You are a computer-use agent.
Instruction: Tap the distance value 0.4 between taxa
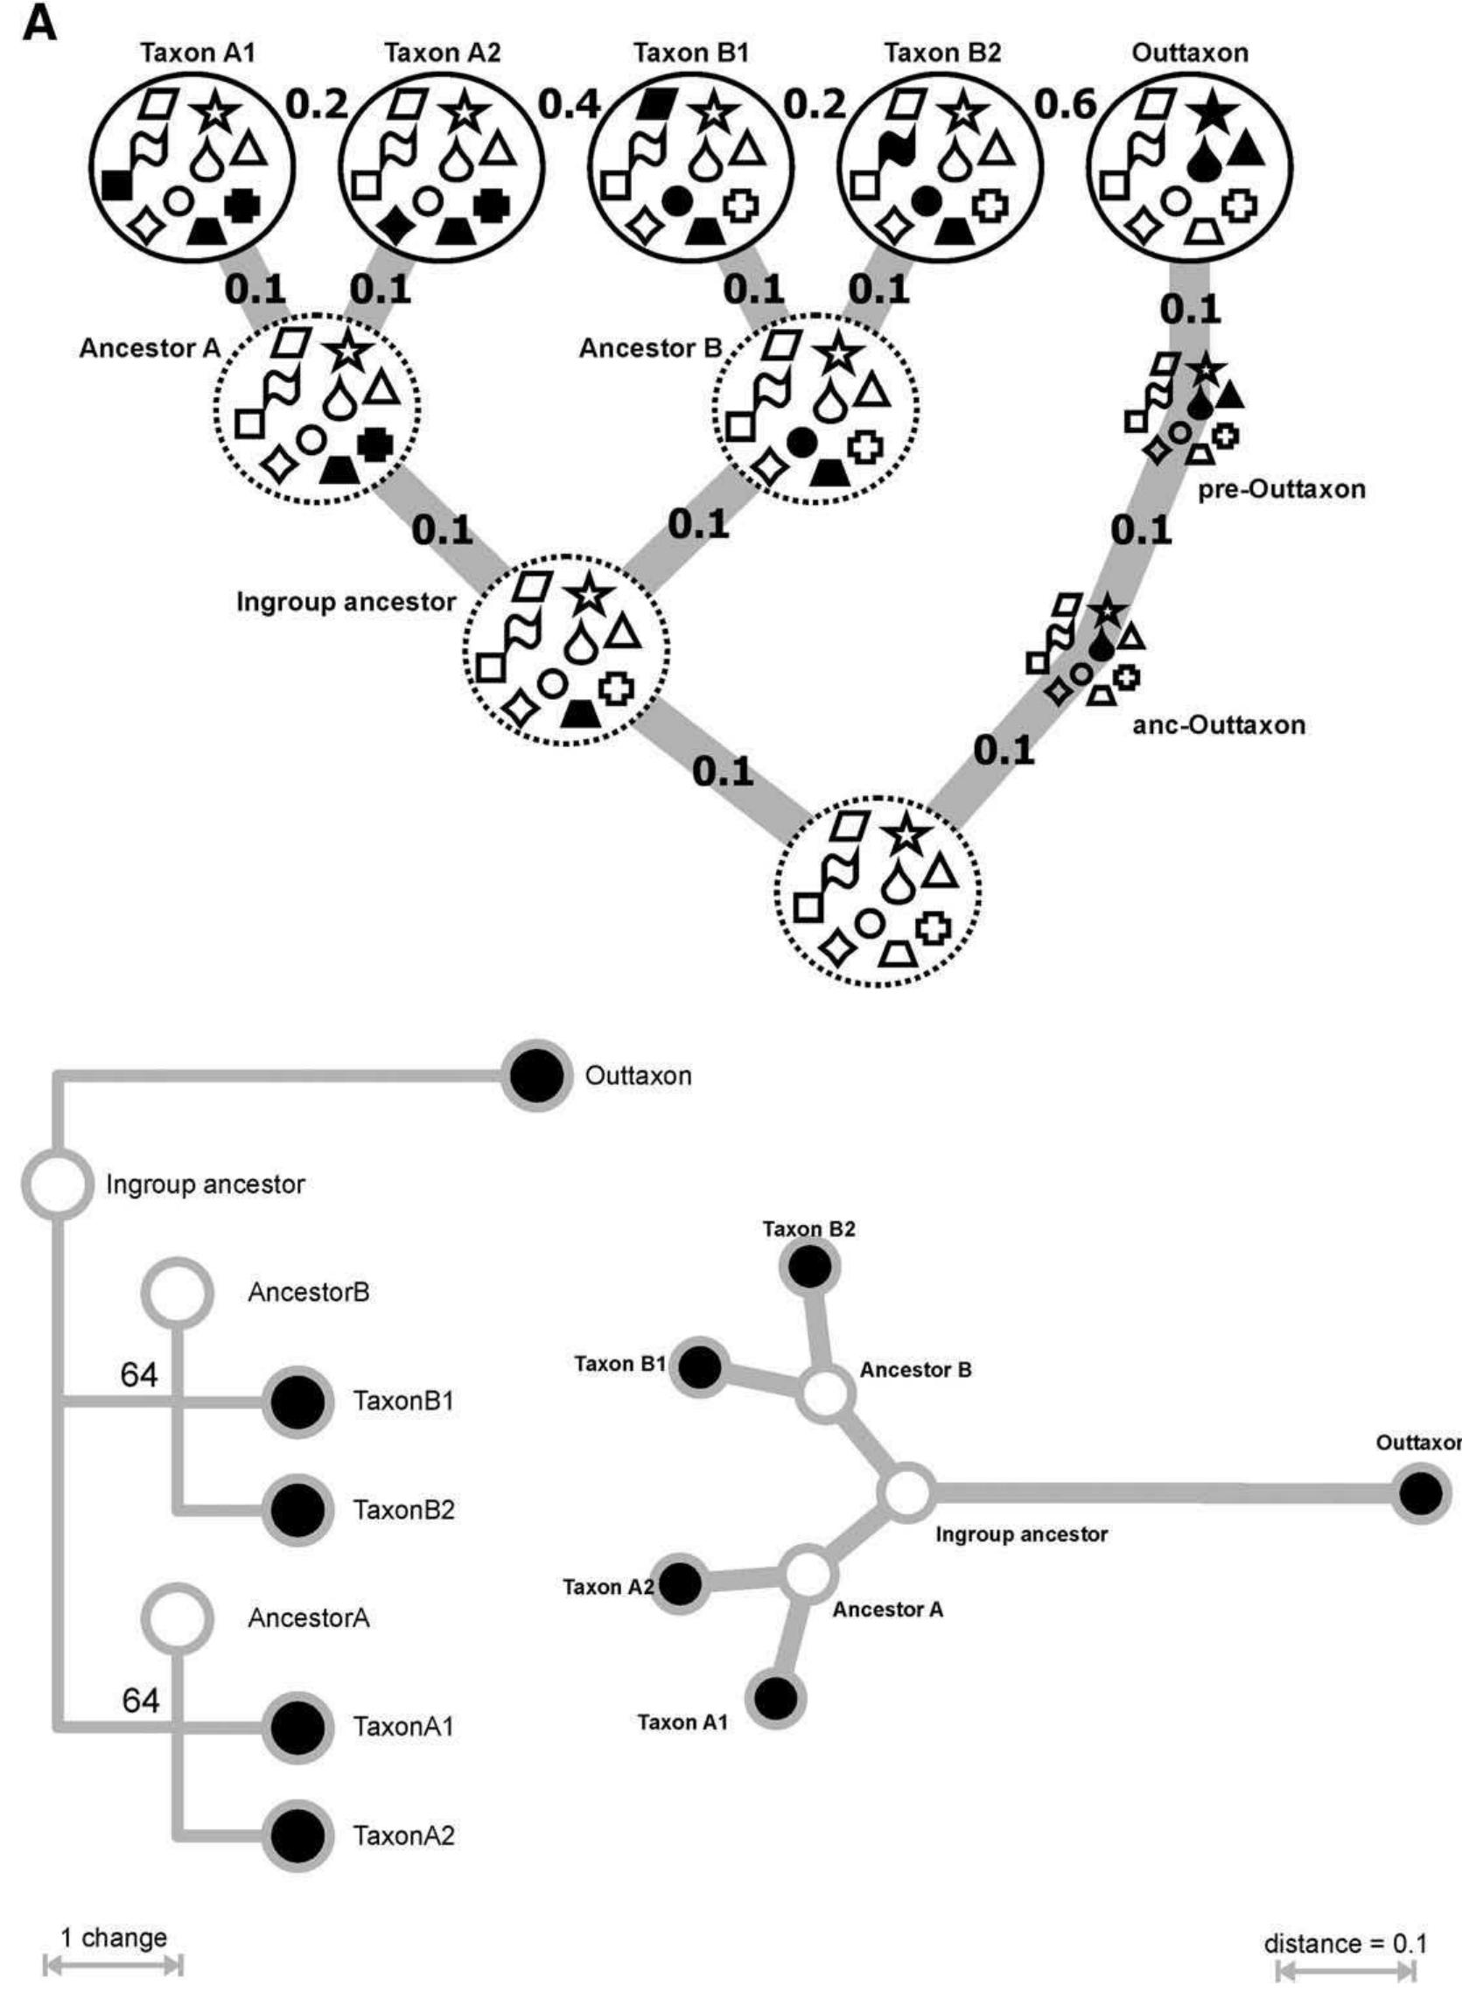pos(569,105)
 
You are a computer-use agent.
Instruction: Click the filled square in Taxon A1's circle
pos(117,185)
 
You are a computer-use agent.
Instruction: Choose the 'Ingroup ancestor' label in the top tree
pos(346,603)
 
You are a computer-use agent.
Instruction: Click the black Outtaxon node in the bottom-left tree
pos(537,1077)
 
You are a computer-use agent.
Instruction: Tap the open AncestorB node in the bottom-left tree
pos(178,1293)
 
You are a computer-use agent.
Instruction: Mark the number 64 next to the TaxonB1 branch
pos(139,1374)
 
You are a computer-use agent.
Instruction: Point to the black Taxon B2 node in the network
pos(809,1268)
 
